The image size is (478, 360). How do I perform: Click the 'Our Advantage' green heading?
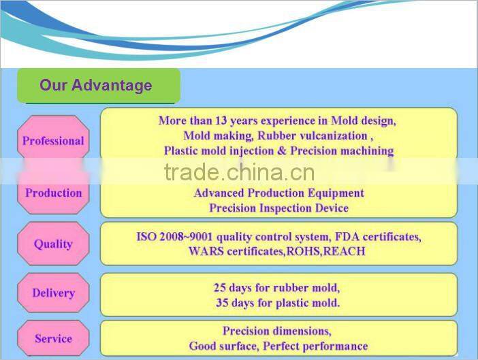tap(96, 86)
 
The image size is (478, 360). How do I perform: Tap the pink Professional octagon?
tap(53, 142)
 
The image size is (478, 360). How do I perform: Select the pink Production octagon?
tap(53, 193)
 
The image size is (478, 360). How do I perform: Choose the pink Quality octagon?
tap(53, 244)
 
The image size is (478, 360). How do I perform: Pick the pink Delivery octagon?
tap(53, 293)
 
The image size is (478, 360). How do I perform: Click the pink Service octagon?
tap(53, 338)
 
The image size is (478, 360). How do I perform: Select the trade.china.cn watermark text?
tap(239, 173)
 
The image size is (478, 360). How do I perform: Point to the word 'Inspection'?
tap(286, 208)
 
